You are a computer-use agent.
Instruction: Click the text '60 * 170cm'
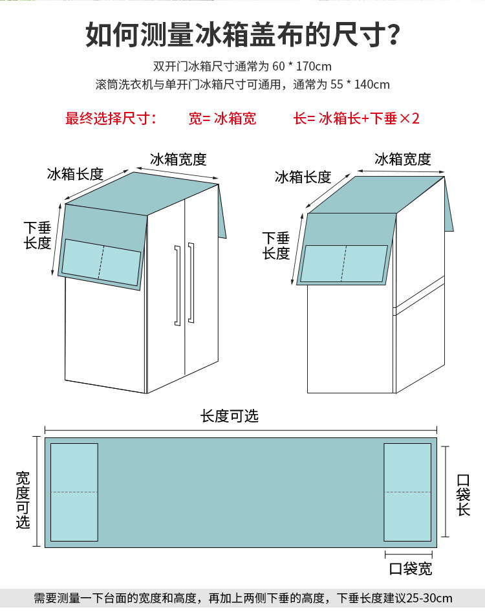(x=302, y=67)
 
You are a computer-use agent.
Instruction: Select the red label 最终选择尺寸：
(x=111, y=118)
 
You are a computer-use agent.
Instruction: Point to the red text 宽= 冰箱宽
(x=222, y=118)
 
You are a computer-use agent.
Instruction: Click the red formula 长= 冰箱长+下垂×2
(x=356, y=118)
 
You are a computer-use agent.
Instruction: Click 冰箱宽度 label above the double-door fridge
(x=178, y=159)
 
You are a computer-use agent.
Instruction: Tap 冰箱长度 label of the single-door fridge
(x=303, y=177)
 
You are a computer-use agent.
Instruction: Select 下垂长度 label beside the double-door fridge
(x=38, y=235)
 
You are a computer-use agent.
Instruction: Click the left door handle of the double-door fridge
(x=177, y=285)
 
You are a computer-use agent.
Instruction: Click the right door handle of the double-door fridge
(x=191, y=282)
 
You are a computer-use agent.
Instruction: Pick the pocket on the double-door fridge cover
(x=102, y=262)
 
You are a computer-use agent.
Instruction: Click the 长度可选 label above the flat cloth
(x=230, y=416)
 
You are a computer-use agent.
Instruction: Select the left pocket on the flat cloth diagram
(x=74, y=492)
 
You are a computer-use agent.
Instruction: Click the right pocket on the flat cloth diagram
(x=407, y=492)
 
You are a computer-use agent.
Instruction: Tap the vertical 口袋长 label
(x=463, y=495)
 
